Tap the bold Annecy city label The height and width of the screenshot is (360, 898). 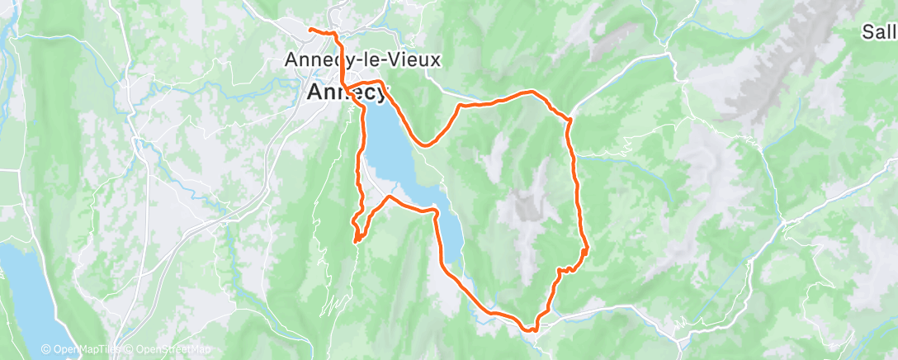click(x=347, y=92)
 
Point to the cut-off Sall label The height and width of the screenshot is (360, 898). click(x=878, y=32)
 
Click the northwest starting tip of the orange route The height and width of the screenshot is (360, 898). click(x=310, y=30)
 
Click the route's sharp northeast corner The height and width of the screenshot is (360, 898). click(x=570, y=120)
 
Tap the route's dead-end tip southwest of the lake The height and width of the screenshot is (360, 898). click(x=356, y=241)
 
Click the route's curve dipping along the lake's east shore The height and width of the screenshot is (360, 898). click(x=424, y=144)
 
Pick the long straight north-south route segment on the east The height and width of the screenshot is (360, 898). click(x=575, y=182)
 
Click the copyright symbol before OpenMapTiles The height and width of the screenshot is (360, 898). click(x=46, y=350)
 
